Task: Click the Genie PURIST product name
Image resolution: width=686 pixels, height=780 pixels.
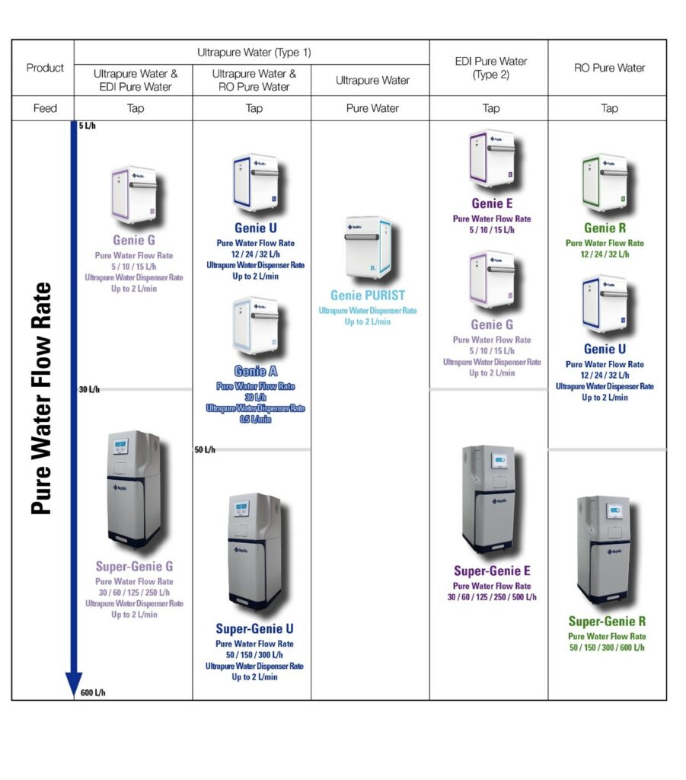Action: (368, 295)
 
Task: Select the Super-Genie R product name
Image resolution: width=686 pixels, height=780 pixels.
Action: (607, 622)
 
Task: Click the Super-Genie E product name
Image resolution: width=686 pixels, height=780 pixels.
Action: (492, 571)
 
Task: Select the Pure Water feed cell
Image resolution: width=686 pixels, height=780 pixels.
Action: (372, 108)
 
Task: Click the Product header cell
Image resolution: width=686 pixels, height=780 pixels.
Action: (45, 68)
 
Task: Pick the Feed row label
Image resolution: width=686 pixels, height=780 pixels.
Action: (45, 108)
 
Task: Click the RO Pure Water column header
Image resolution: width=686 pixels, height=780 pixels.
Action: (609, 68)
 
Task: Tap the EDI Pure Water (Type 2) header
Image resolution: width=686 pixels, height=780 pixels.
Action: (491, 68)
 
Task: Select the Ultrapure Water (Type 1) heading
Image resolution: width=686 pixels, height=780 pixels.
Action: (254, 53)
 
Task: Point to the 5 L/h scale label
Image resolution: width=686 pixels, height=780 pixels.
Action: (87, 126)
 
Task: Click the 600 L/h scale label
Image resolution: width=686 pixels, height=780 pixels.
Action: (93, 693)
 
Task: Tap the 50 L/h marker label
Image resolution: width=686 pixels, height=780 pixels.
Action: (205, 450)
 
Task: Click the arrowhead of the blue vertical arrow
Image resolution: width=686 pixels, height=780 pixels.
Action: (73, 683)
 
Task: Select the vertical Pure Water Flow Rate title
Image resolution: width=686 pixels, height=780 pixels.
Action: (42, 398)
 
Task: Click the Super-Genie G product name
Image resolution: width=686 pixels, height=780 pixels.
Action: (134, 567)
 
